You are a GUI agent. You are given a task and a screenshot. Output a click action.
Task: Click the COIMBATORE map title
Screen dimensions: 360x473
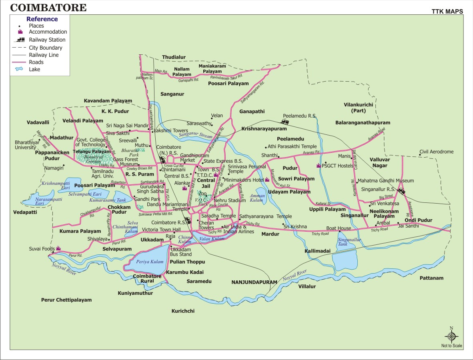coord(48,8)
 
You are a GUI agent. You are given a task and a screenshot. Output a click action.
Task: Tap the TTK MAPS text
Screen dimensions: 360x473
coord(447,12)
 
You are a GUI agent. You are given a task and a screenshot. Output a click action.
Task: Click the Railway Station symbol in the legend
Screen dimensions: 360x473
coord(20,40)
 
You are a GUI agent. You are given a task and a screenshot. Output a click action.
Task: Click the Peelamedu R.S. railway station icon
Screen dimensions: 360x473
coord(285,121)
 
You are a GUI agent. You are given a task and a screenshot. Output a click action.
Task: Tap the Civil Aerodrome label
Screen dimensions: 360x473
coord(436,152)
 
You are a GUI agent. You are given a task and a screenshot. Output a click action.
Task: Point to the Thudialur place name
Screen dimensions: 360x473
coord(174,57)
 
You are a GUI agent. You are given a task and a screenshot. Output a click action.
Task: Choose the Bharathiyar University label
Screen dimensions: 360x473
coord(26,145)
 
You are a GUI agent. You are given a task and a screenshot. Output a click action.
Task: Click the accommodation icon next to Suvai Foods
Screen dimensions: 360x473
coord(58,248)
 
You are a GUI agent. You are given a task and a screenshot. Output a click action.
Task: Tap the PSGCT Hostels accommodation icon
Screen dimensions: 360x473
coord(319,165)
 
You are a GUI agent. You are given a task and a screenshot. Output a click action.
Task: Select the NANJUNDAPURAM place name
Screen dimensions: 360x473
coord(254,282)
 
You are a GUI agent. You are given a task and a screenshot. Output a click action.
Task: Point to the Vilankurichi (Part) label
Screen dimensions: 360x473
coord(358,107)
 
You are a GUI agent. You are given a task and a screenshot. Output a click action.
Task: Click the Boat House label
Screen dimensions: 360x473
coord(339,228)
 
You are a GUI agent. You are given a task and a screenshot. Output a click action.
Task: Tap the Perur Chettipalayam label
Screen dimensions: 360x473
coord(66,300)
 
